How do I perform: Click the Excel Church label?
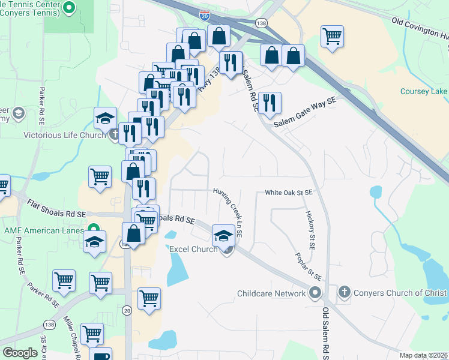pyautogui.click(x=193, y=249)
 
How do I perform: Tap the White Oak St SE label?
pyautogui.click(x=290, y=193)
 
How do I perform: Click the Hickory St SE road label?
pyautogui.click(x=311, y=230)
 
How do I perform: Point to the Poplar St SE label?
pyautogui.click(x=309, y=267)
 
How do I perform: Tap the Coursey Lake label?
pyautogui.click(x=424, y=91)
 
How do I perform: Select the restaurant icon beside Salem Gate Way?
pyautogui.click(x=270, y=103)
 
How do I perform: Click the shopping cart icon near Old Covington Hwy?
pyautogui.click(x=332, y=36)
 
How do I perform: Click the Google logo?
pyautogui.click(x=20, y=353)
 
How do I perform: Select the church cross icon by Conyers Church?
pyautogui.click(x=344, y=293)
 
